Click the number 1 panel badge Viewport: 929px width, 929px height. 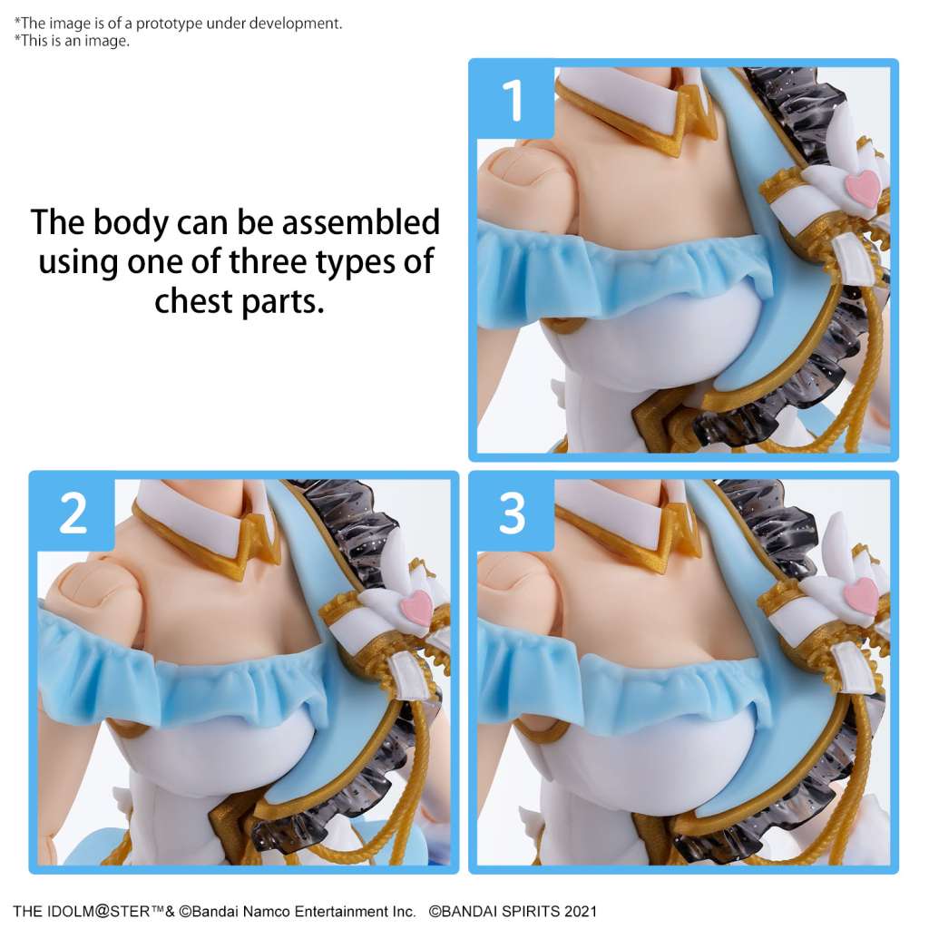point(512,101)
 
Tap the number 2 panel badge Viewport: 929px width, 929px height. point(73,513)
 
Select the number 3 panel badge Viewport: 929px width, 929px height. point(512,513)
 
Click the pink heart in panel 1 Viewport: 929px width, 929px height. point(861,188)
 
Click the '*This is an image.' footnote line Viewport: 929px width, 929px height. point(72,41)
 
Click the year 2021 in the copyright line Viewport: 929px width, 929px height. point(579,911)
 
